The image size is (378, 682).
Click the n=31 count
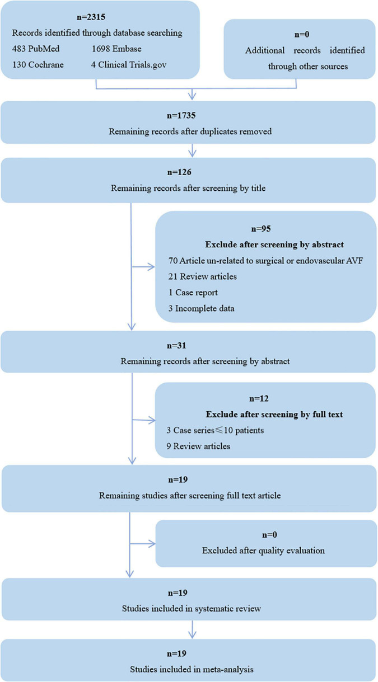coord(188,346)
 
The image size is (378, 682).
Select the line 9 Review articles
coord(199,447)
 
